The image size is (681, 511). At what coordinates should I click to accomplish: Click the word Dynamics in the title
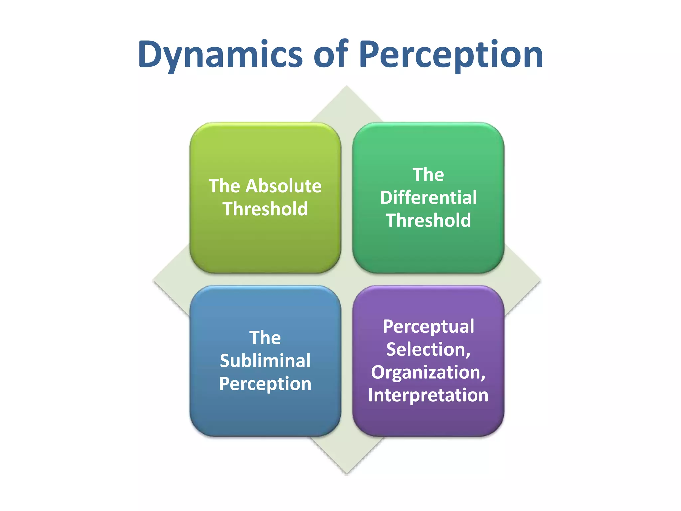tap(220, 54)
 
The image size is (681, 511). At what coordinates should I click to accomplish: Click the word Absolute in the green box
tap(283, 186)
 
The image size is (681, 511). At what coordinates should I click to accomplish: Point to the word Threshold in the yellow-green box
tap(265, 209)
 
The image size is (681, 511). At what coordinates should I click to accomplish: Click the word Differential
tap(428, 197)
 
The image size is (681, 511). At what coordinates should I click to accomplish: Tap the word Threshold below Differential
tap(428, 220)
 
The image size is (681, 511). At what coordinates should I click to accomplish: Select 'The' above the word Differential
tap(428, 174)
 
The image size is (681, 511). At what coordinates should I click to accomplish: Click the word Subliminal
tap(265, 361)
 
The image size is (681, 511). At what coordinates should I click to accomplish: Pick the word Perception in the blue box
tap(265, 384)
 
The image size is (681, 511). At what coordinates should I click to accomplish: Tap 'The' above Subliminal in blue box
tap(265, 338)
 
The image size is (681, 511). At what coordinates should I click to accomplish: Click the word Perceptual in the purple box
tap(428, 327)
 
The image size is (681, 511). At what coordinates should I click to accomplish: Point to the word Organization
tap(428, 372)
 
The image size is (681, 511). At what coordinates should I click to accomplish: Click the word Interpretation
tap(428, 395)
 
